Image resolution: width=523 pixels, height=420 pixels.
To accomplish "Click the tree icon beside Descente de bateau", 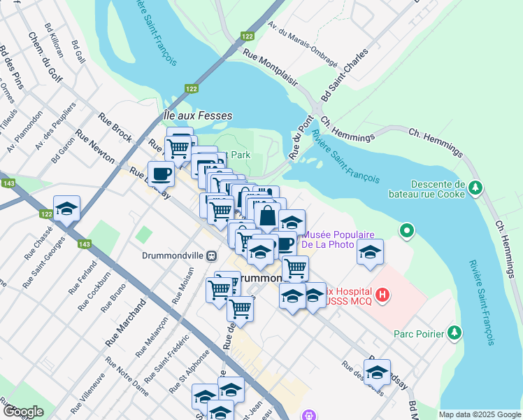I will click(475, 188).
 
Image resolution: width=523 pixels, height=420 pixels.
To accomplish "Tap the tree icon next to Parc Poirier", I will click(455, 332).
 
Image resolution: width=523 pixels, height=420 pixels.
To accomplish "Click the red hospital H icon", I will click(382, 296).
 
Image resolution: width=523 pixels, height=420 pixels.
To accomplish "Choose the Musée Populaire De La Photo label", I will click(338, 240).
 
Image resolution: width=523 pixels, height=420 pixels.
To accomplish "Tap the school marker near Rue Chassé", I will click(67, 209).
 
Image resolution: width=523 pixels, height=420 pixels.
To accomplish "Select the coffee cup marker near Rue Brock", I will click(161, 173).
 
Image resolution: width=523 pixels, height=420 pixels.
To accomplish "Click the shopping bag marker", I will click(267, 216).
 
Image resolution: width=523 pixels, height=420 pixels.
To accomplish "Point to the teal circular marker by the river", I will click(407, 230).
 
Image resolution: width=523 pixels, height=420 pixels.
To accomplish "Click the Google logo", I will click(23, 412).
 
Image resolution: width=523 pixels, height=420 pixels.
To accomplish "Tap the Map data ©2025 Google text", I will click(479, 414).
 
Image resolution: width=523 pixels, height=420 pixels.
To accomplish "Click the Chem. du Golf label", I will click(45, 55).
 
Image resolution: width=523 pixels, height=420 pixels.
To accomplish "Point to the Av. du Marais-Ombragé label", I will click(303, 45).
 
